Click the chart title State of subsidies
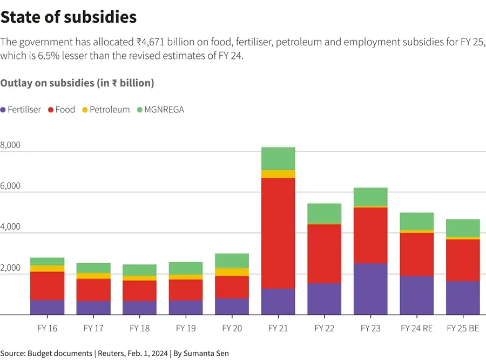coord(68,17)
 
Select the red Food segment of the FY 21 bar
coord(278,233)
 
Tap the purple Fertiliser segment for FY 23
coord(371,289)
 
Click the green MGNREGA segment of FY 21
coord(278,158)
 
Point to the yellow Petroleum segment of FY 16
coord(47,269)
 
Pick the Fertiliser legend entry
coord(21,110)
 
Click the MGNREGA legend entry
coord(160,110)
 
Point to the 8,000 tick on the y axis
coord(11,145)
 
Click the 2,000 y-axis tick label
coord(11,268)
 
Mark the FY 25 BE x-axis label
coord(463,328)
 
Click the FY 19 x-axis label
coord(185,328)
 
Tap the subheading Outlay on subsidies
coord(77,83)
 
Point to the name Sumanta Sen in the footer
coord(206,354)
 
